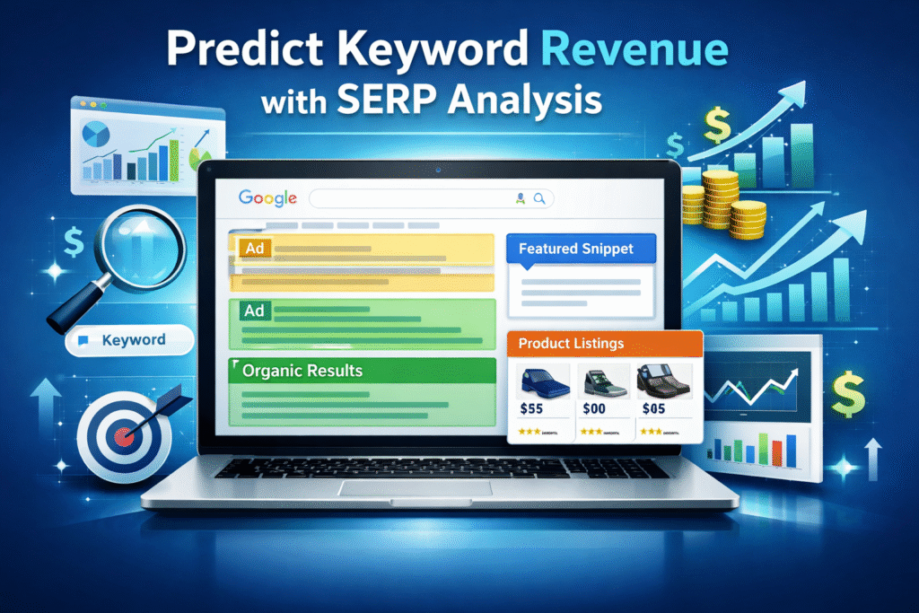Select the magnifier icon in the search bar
pos(539,198)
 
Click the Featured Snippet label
pos(575,248)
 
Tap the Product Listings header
pos(571,344)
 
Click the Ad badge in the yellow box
pos(253,246)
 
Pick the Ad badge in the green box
pos(253,310)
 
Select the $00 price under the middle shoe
pos(593,407)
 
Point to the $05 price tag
pos(654,407)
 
